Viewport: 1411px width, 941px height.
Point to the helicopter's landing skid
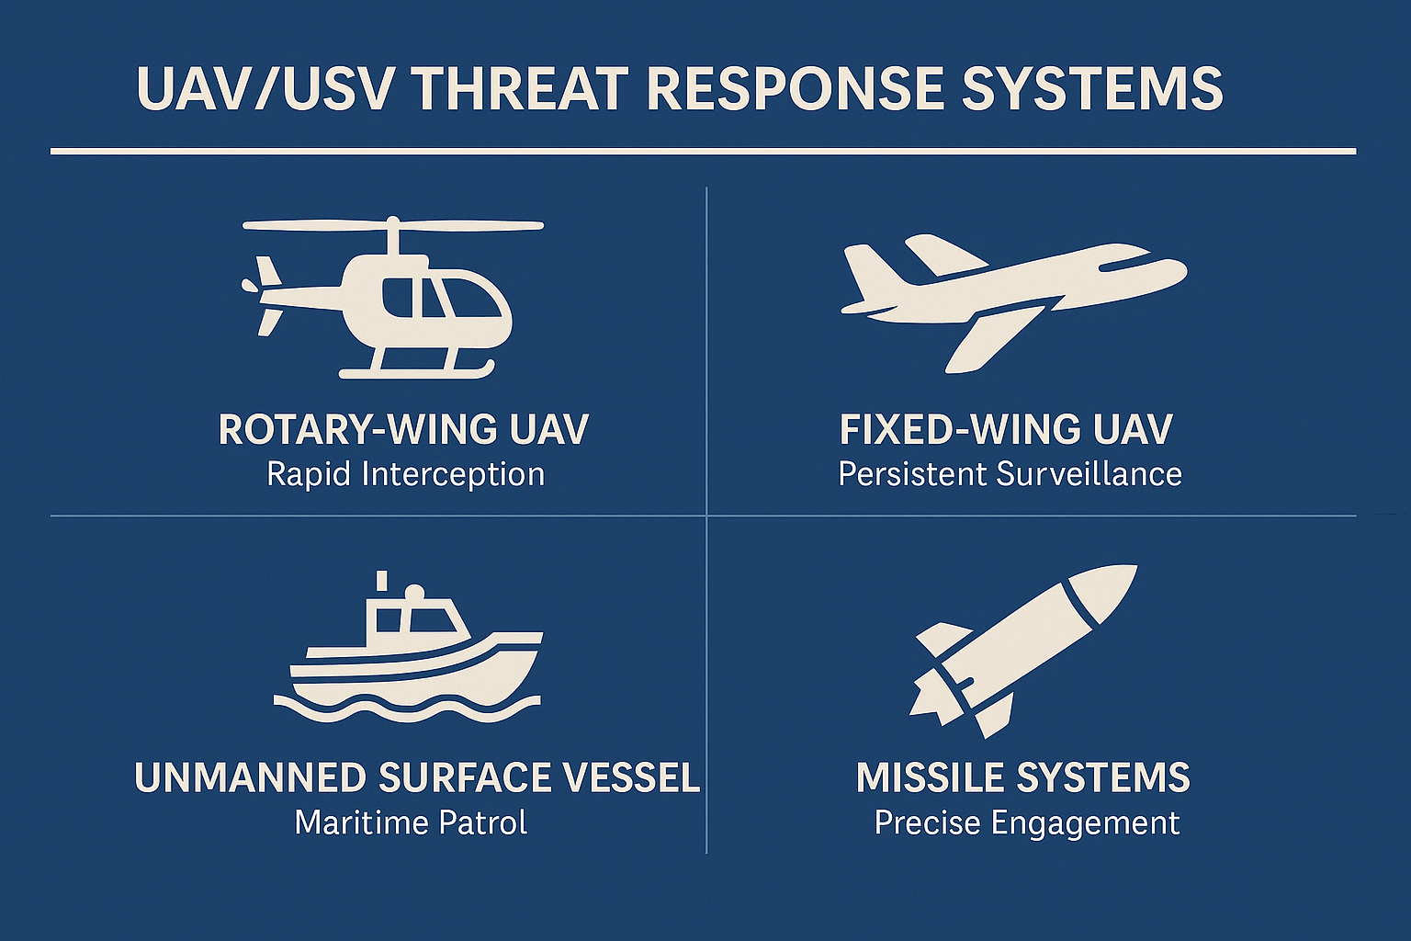point(416,370)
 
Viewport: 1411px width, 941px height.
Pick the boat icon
point(408,646)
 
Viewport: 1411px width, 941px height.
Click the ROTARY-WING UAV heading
point(403,429)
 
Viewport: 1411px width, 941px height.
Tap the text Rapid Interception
point(405,474)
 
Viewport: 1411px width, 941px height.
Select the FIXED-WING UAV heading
point(1006,429)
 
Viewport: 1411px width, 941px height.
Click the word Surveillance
point(1089,474)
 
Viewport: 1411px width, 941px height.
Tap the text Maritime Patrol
point(411,823)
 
